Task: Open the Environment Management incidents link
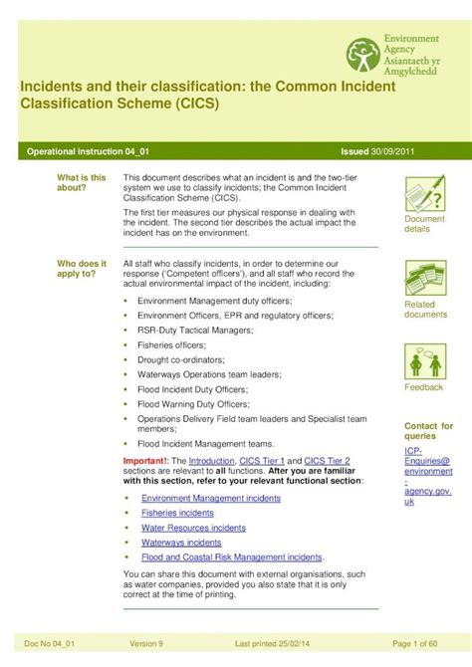click(211, 498)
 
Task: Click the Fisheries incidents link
click(177, 513)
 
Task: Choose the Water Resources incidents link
click(193, 528)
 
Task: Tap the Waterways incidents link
click(181, 543)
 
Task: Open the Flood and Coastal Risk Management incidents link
click(232, 557)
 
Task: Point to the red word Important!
click(146, 461)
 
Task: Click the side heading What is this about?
click(82, 182)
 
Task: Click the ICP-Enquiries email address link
click(428, 476)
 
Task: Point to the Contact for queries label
click(428, 431)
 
